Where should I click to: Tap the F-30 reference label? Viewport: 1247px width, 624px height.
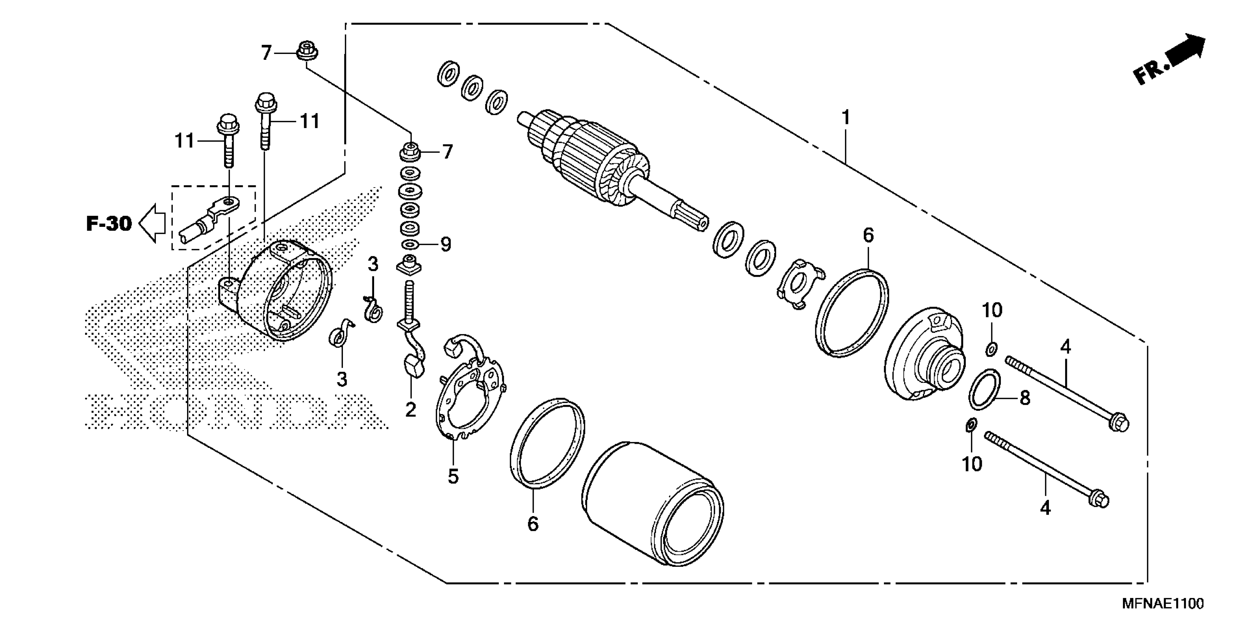pyautogui.click(x=109, y=224)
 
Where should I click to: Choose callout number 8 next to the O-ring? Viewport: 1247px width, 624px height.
pyautogui.click(x=1025, y=398)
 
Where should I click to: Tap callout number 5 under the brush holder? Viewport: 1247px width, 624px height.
pyautogui.click(x=453, y=476)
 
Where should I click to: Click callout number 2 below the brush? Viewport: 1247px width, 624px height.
pyautogui.click(x=410, y=410)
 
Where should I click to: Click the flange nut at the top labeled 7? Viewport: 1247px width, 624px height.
pyautogui.click(x=306, y=51)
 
